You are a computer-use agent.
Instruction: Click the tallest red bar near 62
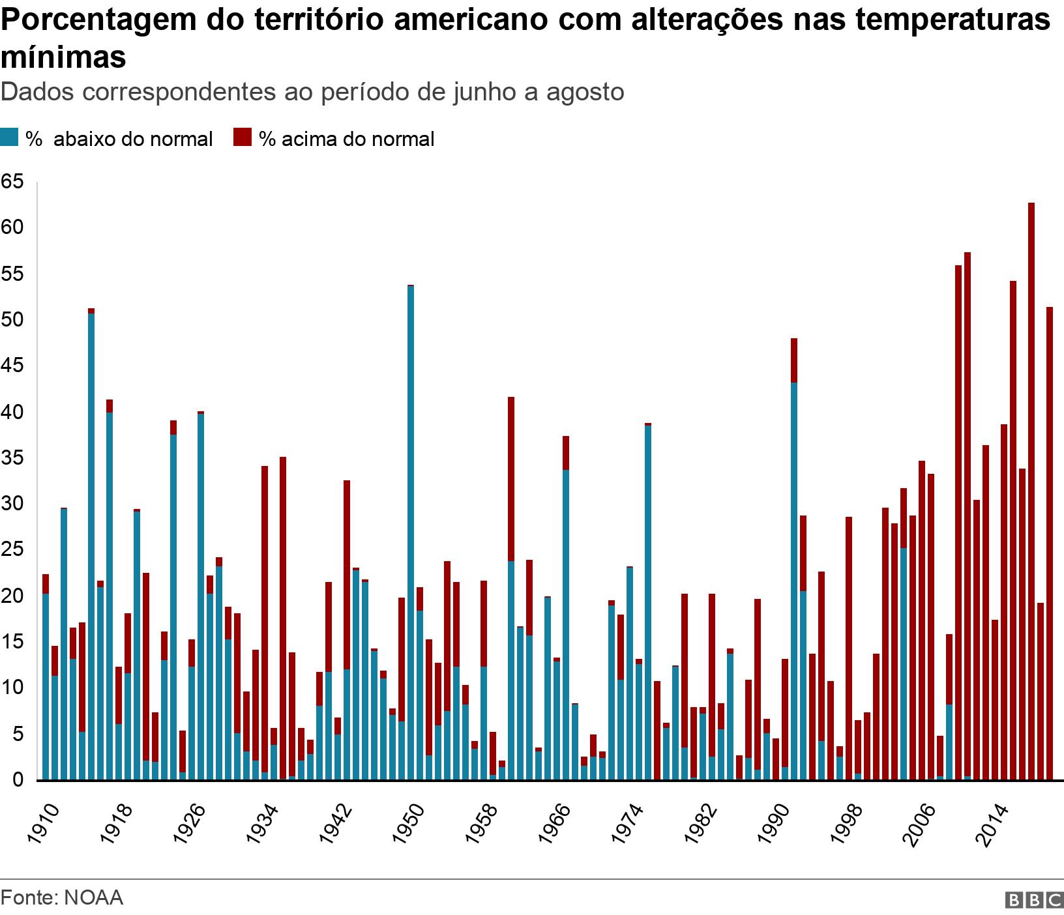click(x=1031, y=489)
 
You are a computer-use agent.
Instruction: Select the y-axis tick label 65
click(x=12, y=182)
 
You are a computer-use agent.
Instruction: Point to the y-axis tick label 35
click(x=12, y=458)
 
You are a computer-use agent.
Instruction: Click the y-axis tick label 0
click(x=17, y=779)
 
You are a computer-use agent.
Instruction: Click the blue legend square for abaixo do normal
click(x=9, y=138)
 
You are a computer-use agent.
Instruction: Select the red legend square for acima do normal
click(x=243, y=138)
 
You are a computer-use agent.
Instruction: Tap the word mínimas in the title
click(x=63, y=57)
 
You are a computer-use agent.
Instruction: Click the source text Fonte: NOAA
click(x=62, y=897)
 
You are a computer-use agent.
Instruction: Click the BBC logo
click(x=1035, y=900)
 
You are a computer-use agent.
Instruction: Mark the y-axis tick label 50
click(x=12, y=320)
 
